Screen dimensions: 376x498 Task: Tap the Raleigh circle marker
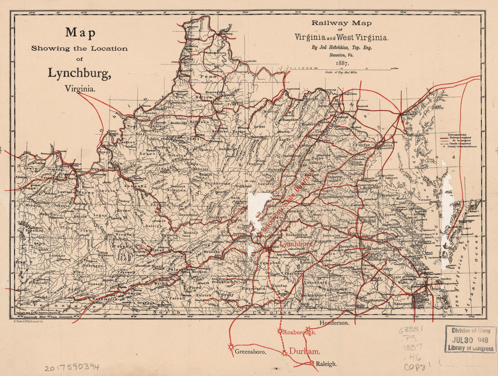pos(311,363)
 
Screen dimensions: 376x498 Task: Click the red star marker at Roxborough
pos(280,331)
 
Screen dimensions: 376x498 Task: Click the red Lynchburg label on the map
pos(297,244)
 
